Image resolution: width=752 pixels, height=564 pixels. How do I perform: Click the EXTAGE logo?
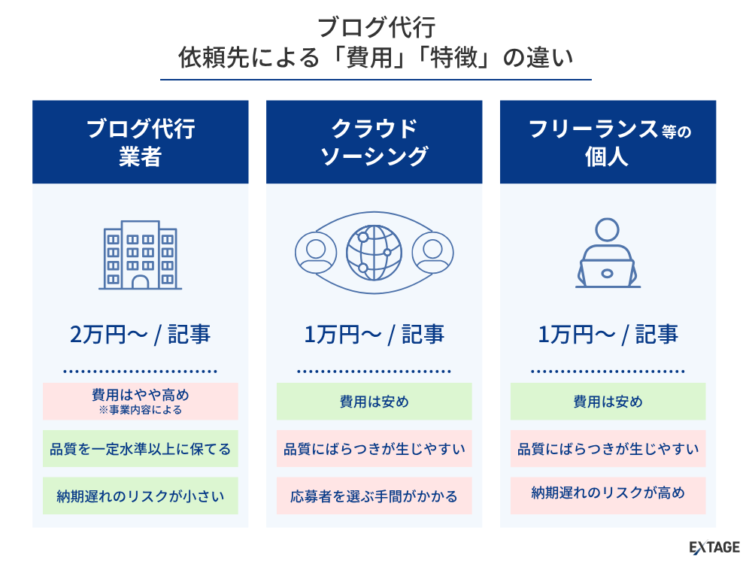tap(714, 547)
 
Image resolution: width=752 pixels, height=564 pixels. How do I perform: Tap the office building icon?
tap(140, 255)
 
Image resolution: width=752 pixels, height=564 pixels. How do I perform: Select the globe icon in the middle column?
tap(374, 253)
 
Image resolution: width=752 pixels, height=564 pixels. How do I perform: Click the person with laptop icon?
tap(608, 253)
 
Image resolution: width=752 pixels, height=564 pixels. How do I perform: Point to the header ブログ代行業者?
tap(140, 142)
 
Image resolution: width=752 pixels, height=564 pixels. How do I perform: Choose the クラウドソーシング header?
tap(374, 142)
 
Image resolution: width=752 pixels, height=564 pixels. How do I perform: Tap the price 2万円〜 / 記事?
tap(140, 335)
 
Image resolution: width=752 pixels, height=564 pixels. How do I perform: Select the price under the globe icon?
tap(374, 335)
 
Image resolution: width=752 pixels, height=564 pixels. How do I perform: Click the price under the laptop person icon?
tap(608, 335)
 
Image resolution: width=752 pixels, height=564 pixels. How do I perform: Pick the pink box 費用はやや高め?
tap(140, 402)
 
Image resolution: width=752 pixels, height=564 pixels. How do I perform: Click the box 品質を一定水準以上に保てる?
tap(140, 448)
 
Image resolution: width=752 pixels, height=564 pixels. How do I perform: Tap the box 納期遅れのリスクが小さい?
tap(140, 496)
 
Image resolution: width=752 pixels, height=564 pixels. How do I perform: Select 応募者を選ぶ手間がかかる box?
tap(374, 496)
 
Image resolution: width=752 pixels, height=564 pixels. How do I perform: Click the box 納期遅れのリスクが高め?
tap(608, 496)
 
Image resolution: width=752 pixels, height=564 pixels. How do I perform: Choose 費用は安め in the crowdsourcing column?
tap(374, 402)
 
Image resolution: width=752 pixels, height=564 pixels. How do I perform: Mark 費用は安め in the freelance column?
tap(608, 402)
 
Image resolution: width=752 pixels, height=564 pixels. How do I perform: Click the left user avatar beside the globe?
tap(316, 253)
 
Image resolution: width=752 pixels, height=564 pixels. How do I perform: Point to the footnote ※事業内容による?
tap(140, 410)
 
